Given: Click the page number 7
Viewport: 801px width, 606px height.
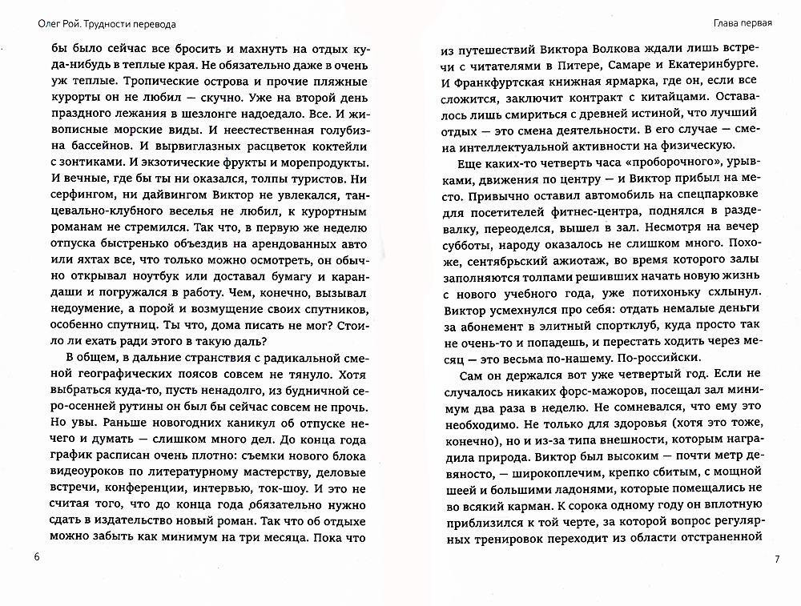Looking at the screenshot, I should tap(774, 558).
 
